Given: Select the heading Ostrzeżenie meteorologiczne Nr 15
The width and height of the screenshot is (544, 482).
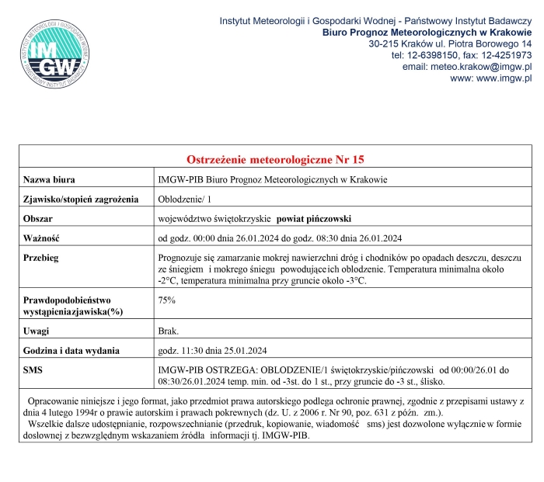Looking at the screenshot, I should (x=275, y=160).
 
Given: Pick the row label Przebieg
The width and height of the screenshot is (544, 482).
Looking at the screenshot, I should (x=42, y=257).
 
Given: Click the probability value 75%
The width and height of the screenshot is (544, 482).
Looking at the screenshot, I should (x=166, y=299).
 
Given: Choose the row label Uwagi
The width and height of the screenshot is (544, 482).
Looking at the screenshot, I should (x=37, y=330).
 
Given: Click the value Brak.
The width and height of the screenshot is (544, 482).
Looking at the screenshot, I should (x=169, y=330).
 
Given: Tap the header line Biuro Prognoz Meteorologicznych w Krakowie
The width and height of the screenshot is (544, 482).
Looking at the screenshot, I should (x=427, y=32).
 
